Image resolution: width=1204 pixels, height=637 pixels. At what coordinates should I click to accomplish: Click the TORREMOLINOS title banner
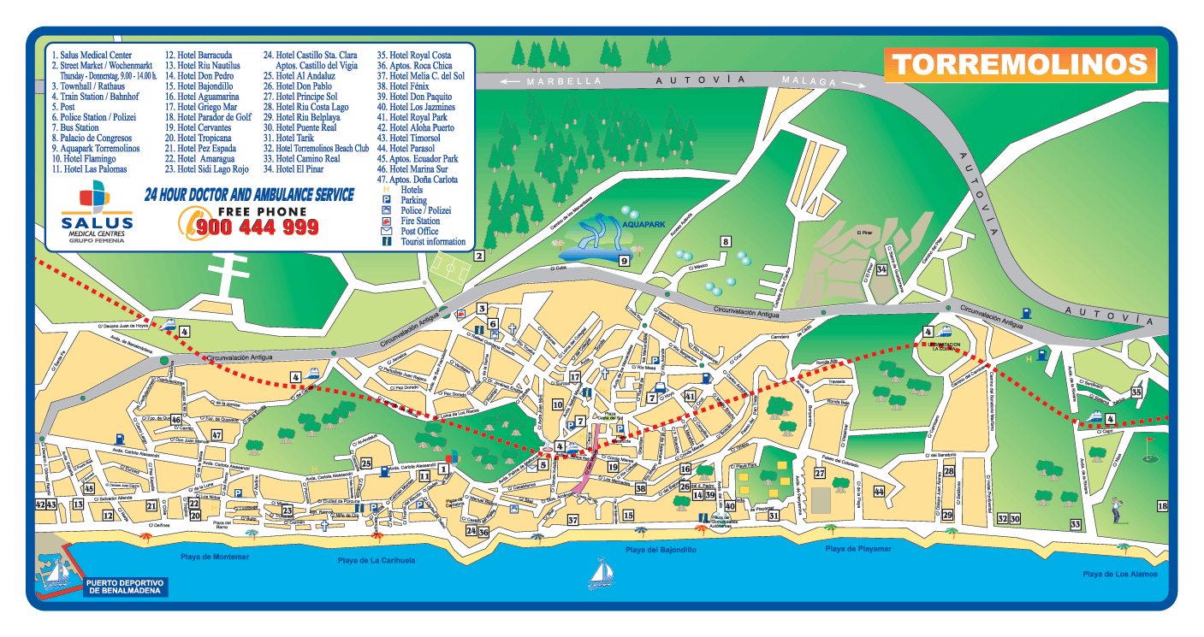coord(1020,66)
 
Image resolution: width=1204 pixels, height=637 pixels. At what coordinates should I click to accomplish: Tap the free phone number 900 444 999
coord(258,227)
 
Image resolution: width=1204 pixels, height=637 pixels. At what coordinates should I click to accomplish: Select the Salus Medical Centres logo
coord(92,214)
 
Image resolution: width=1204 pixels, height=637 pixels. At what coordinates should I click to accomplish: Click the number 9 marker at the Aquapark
coord(624,261)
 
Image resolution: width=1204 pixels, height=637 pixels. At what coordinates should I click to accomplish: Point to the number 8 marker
coord(726,242)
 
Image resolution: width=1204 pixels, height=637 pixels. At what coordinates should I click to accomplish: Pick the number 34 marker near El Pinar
coord(881,270)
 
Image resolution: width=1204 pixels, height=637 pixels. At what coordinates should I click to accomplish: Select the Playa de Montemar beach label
coord(215,557)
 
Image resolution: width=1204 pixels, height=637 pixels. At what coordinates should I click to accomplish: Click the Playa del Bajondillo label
coord(660,551)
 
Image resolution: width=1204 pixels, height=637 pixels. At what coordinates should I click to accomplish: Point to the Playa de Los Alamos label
coord(1119,574)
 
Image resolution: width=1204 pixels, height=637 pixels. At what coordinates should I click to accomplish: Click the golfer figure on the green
coord(1115,510)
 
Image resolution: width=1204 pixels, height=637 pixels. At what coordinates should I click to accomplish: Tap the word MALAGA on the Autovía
coord(809,81)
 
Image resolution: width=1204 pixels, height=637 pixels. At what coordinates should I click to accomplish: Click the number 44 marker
coord(879,492)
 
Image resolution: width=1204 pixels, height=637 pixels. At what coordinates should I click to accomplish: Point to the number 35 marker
coord(1136,392)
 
